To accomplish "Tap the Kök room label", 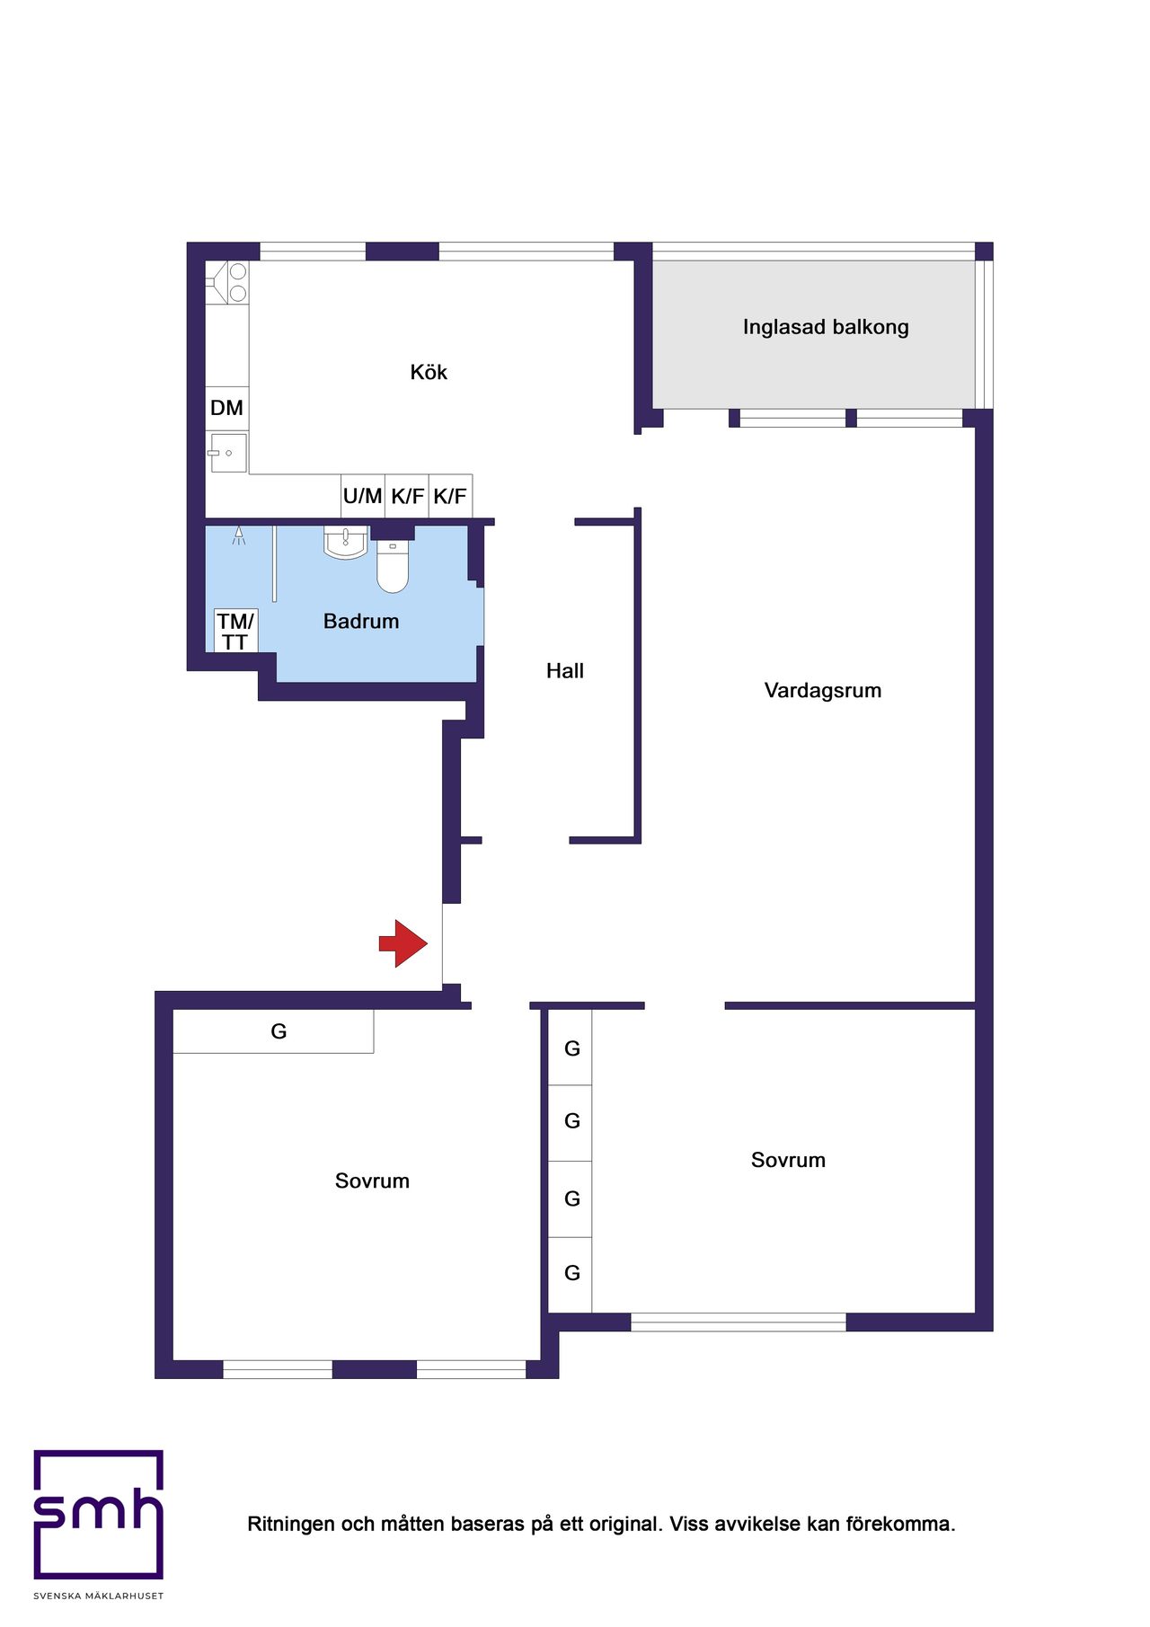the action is tap(429, 372).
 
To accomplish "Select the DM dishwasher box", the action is tap(226, 408).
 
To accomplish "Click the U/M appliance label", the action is tap(362, 496).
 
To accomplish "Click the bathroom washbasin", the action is tap(345, 542).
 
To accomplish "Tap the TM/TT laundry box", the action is tap(235, 631).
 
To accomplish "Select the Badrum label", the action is tap(361, 621).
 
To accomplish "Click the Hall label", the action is tap(565, 670).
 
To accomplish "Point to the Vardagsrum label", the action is tap(823, 690).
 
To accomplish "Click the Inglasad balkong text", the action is tap(826, 327).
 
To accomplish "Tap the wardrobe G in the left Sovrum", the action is tap(279, 1031).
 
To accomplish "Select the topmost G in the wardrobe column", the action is tap(572, 1048).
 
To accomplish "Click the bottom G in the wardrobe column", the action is tap(572, 1273).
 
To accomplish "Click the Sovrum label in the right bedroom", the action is tap(788, 1160).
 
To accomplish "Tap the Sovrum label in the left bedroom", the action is tap(372, 1180).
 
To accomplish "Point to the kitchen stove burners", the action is tap(237, 282).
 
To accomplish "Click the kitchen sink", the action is tap(227, 453).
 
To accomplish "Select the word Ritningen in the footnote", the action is tap(292, 1524).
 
